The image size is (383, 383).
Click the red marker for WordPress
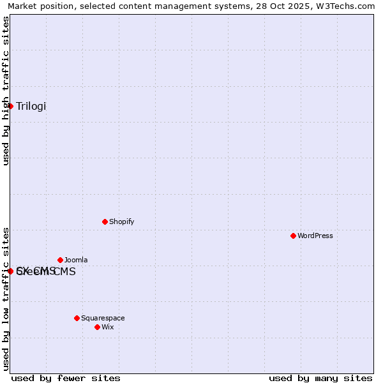[x=293, y=236]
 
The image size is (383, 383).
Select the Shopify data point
[x=105, y=222]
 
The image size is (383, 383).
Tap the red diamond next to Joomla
[x=60, y=260]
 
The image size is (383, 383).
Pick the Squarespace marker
[x=77, y=318]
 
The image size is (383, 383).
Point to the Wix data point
[x=97, y=327]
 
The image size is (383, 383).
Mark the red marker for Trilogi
[x=11, y=106]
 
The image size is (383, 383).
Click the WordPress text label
[x=315, y=236]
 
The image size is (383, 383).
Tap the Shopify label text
[x=121, y=222]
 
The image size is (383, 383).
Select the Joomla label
[x=76, y=260]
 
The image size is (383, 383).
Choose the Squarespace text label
[x=103, y=318]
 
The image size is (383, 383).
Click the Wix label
[x=108, y=327]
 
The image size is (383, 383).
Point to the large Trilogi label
[x=31, y=106]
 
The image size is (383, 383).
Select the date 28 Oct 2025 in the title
[x=276, y=6]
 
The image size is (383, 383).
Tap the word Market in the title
[x=23, y=6]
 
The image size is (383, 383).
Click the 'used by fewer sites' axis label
[x=66, y=378]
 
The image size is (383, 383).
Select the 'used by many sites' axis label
[x=320, y=378]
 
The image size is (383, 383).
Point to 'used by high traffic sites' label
[x=6, y=91]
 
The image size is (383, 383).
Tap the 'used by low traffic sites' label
[x=6, y=299]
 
